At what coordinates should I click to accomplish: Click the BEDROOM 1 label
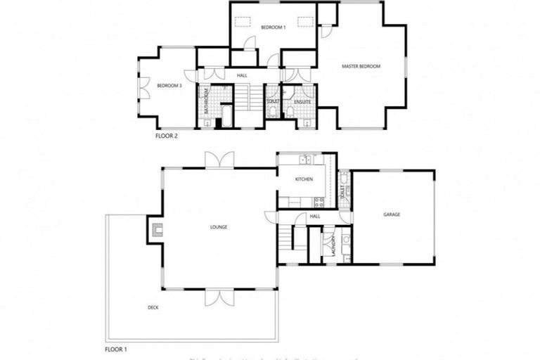click(273, 27)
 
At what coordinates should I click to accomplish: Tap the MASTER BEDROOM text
click(361, 67)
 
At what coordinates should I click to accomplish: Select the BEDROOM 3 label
click(169, 86)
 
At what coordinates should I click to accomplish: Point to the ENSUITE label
click(303, 102)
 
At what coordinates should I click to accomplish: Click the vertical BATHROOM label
click(207, 101)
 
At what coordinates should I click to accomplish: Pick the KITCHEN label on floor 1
click(304, 180)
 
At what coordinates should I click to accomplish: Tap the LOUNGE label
click(218, 226)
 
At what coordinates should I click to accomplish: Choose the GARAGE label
click(392, 214)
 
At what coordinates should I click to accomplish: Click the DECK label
click(153, 307)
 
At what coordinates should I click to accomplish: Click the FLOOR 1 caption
click(116, 349)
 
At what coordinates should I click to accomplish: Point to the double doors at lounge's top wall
click(217, 160)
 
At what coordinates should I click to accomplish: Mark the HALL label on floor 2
click(242, 75)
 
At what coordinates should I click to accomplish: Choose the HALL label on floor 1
click(314, 217)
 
